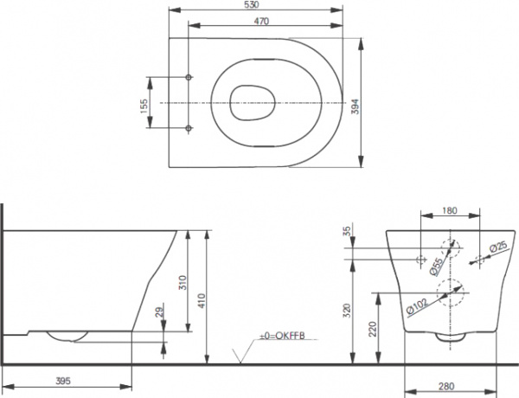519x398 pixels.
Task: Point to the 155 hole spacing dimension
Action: [145, 103]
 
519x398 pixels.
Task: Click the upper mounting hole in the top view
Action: [189, 77]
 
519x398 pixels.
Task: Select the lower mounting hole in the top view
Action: [189, 129]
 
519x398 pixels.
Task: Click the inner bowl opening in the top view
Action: [252, 102]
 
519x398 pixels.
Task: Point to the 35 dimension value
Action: [348, 232]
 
